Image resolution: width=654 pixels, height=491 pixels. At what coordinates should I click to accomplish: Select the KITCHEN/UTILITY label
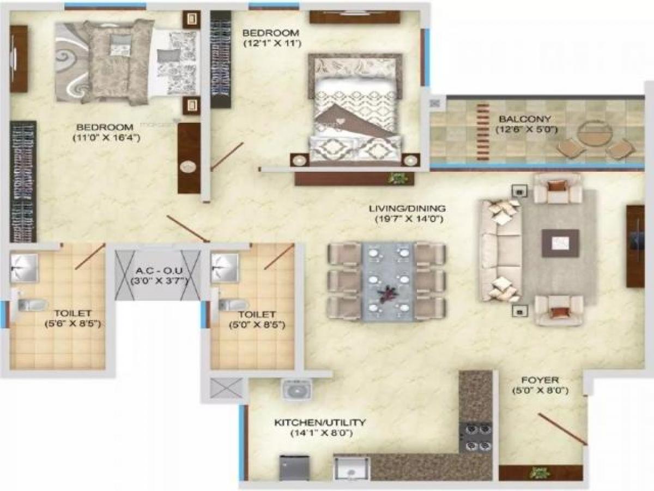(x=319, y=422)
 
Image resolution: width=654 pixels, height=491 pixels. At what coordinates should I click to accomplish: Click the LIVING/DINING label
(x=407, y=208)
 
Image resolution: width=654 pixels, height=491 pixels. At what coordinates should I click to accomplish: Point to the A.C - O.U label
(x=158, y=271)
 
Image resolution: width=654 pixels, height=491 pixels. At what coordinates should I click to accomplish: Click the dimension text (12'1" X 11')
(x=271, y=43)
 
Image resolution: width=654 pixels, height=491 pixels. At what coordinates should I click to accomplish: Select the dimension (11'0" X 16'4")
(x=107, y=138)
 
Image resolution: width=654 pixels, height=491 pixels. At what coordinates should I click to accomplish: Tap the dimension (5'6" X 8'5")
(x=72, y=324)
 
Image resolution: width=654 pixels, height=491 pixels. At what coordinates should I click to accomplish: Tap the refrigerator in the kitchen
(x=294, y=468)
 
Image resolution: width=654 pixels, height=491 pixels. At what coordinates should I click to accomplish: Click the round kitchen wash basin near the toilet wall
(x=296, y=390)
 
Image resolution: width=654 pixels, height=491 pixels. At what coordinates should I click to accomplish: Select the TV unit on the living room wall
(x=635, y=245)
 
